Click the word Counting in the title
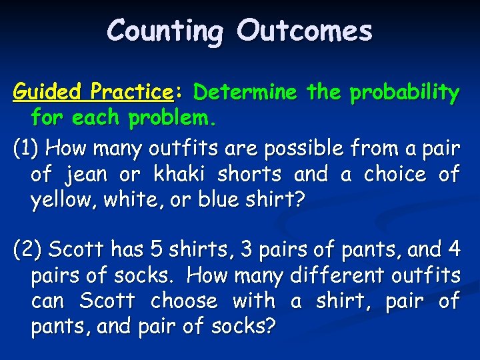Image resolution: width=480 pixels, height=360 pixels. click(165, 31)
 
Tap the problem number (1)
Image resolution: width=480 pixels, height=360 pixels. click(28, 147)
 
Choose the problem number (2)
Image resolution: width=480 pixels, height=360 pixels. click(28, 250)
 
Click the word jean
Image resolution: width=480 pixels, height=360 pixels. click(87, 175)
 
